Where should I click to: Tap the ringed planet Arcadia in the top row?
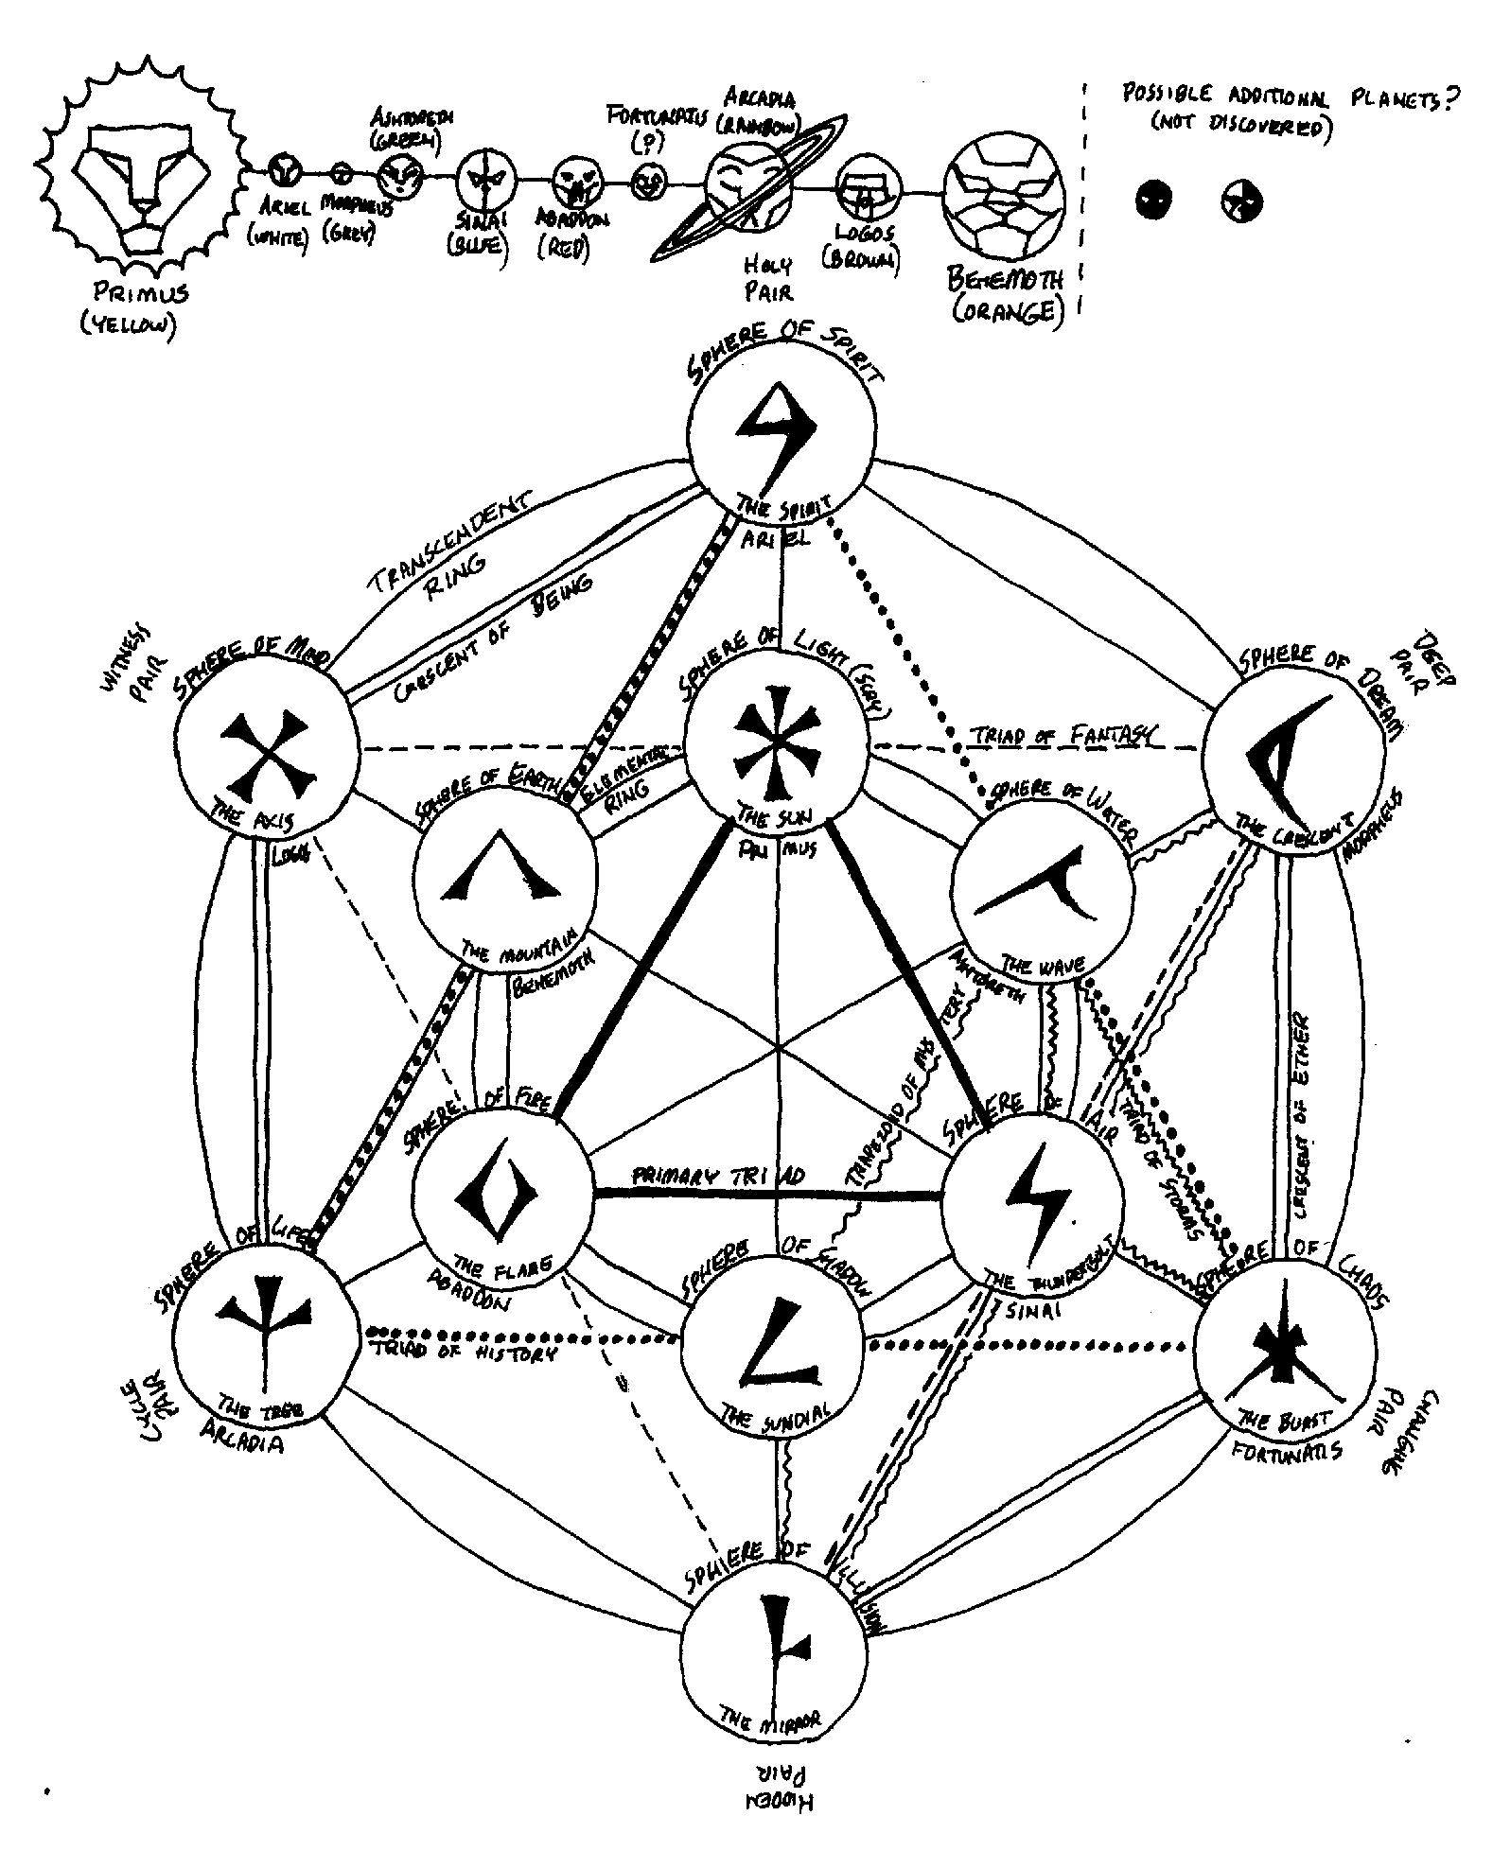tap(748, 185)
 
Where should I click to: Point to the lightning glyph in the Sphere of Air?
tap(1038, 1197)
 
